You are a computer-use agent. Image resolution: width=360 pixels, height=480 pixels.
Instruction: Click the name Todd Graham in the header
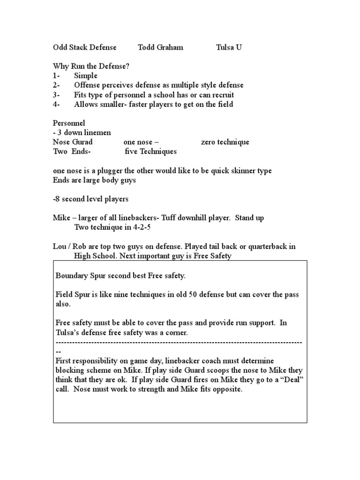pos(160,47)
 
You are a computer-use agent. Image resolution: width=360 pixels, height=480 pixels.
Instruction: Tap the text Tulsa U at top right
pos(229,47)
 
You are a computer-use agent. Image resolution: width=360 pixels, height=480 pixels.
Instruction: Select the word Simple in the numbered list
pos(86,76)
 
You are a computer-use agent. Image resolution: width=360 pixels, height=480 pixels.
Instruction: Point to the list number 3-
pos(56,95)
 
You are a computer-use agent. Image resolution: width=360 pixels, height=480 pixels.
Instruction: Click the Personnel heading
pos(69,123)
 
